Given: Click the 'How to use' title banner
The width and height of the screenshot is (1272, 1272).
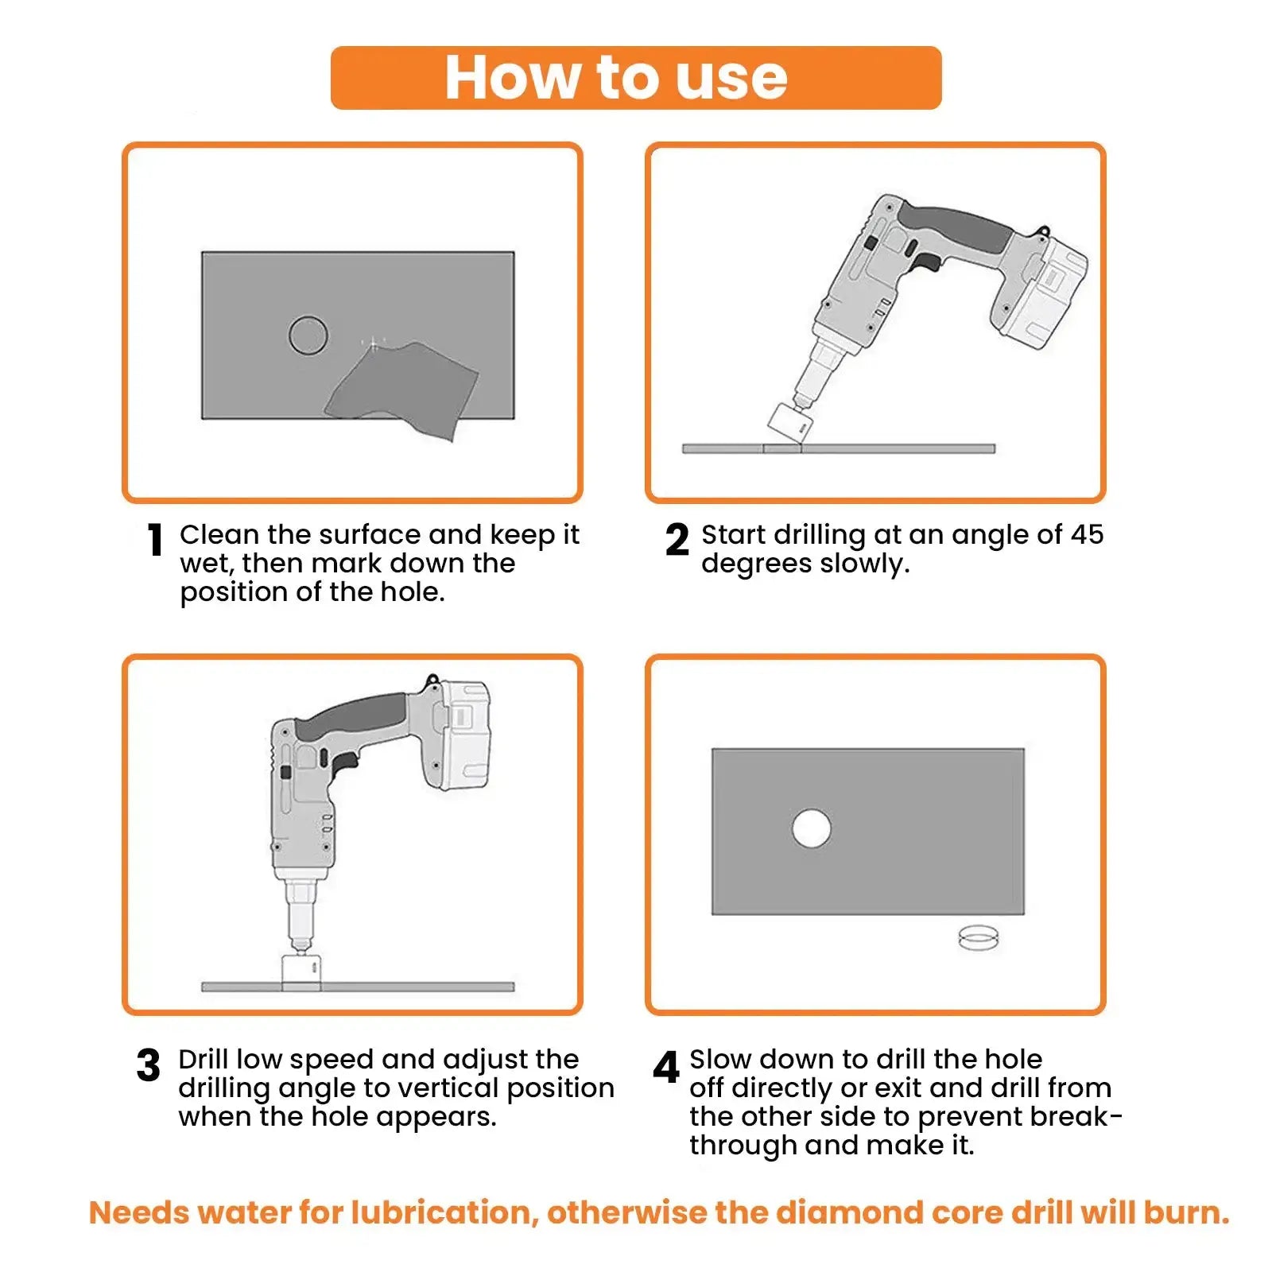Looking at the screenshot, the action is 636,78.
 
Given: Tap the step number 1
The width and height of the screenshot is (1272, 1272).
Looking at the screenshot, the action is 155,540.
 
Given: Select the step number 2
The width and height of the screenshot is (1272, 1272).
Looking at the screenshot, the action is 677,540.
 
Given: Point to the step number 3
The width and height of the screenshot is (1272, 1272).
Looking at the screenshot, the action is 148,1065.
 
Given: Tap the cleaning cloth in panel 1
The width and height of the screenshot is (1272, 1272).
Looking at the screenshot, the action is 401,390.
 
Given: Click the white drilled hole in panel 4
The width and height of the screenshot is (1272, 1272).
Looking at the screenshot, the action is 812,828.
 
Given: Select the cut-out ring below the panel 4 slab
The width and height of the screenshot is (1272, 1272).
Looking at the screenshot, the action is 978,937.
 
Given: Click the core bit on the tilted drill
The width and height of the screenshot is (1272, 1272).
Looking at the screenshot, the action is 790,422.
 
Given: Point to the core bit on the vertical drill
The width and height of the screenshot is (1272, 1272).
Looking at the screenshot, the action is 301,970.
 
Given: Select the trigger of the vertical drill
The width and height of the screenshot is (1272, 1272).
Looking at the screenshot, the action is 344,764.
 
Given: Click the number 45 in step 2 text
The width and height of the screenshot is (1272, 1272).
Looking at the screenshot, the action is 1086,534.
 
